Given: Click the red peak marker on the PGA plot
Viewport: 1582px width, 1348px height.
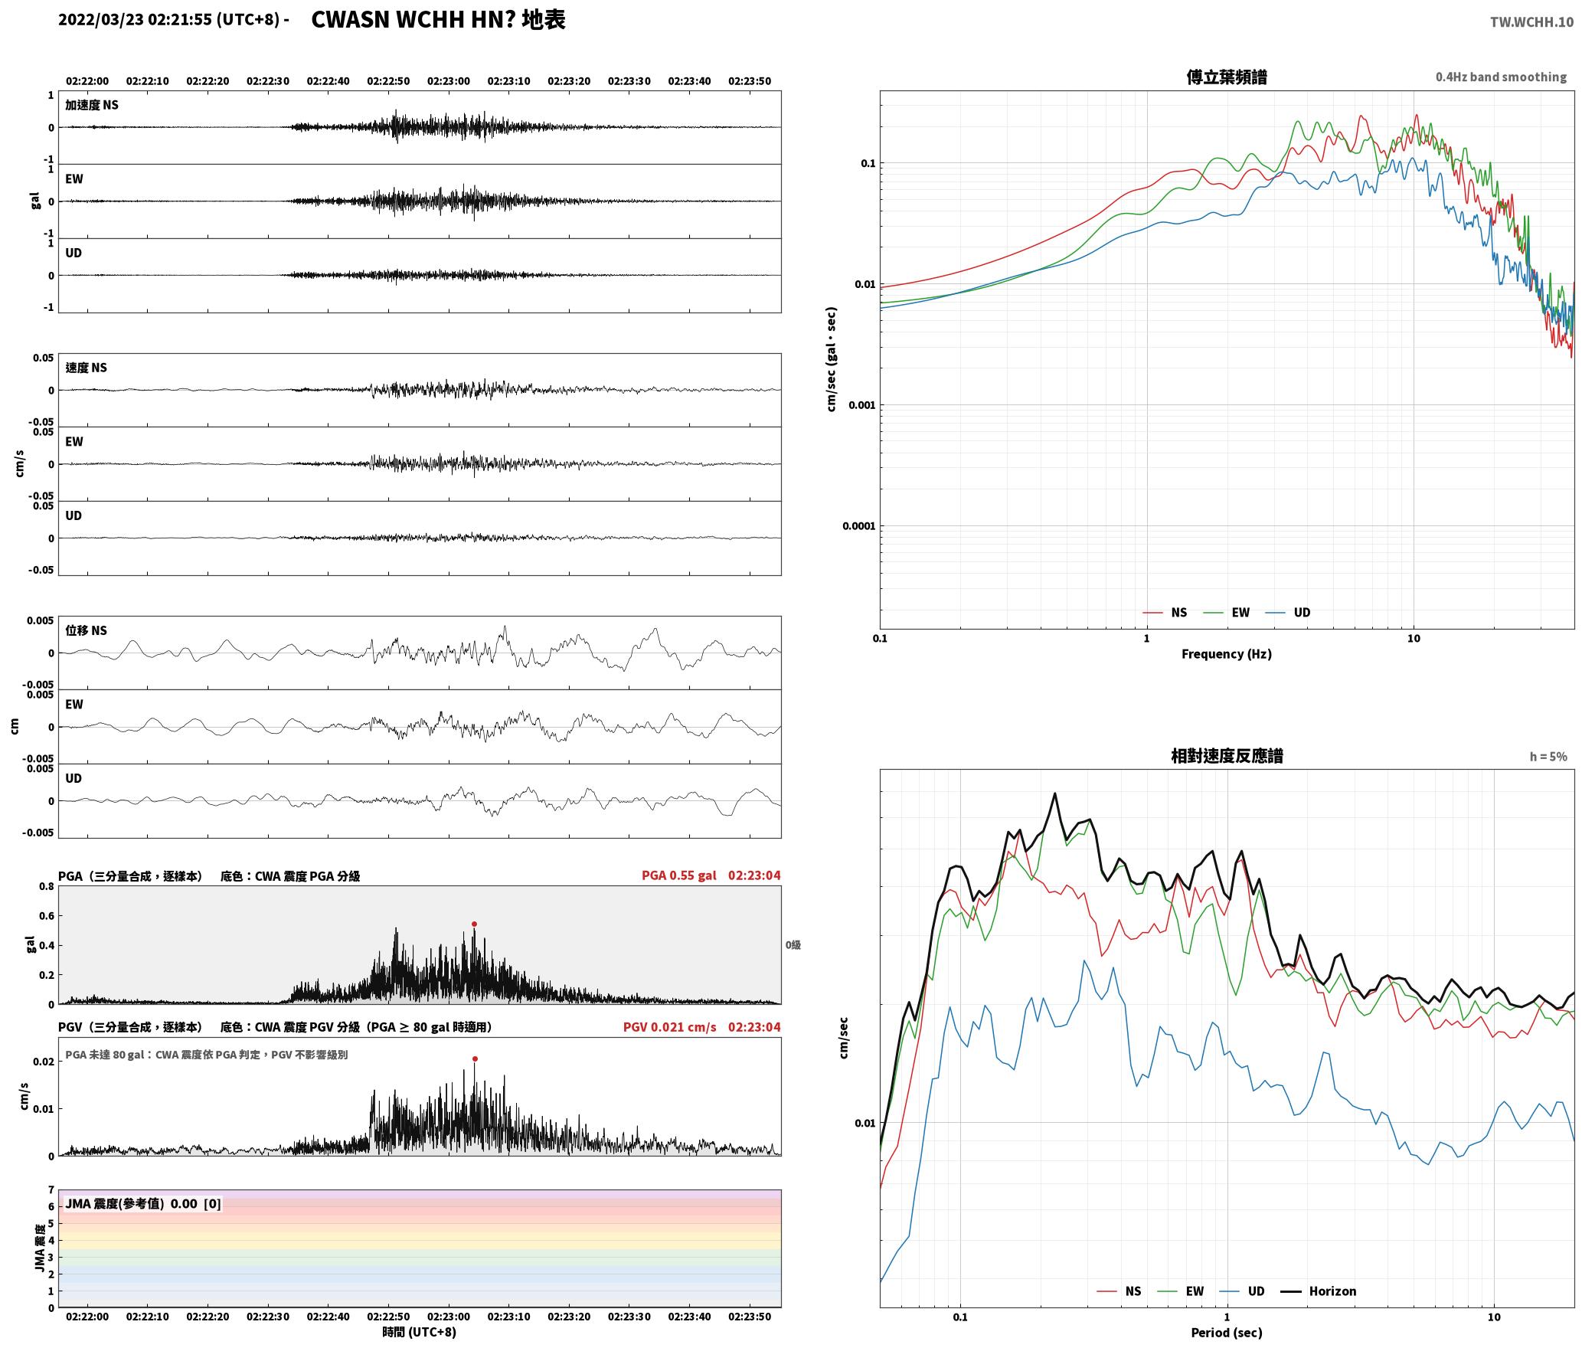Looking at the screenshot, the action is pos(474,924).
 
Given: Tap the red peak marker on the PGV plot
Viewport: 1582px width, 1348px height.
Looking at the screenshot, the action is pos(475,1058).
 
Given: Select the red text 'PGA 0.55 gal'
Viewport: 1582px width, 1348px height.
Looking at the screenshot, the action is pos(678,875).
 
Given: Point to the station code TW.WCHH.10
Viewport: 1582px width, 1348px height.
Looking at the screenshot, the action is pos(1531,21).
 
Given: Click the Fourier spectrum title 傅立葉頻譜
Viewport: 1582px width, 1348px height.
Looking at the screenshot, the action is pos(1226,77).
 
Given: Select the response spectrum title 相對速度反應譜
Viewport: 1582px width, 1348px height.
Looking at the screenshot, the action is pos(1226,755).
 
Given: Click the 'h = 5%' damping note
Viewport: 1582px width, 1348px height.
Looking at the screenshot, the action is pos(1548,756).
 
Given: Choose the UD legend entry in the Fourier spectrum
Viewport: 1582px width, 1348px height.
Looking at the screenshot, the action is pos(1288,612).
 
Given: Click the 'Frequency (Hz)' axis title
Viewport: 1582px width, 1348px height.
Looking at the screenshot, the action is pos(1226,653).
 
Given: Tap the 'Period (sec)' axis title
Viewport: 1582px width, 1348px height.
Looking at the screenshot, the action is pos(1226,1332).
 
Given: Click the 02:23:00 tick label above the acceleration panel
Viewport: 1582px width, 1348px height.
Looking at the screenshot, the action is pos(449,80).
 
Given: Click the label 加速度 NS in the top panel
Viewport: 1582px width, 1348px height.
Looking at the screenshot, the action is pos(92,105).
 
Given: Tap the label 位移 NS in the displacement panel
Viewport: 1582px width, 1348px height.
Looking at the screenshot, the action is pos(86,630).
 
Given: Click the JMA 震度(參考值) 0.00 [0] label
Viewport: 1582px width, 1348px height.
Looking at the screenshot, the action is pos(143,1203).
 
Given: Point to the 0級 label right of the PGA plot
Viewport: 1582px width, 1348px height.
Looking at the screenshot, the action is pos(793,945).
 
